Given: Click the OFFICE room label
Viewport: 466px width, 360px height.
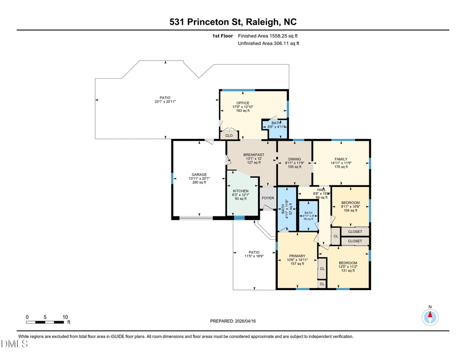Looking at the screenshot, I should [242, 103].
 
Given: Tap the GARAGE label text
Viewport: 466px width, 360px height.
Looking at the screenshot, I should [199, 175].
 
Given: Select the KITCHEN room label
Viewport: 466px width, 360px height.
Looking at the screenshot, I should [241, 191].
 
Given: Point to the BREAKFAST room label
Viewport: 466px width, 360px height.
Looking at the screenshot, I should [254, 155].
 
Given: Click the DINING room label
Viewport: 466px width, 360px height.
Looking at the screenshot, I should [295, 159].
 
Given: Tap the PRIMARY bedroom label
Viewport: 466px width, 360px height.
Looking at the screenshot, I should [297, 256].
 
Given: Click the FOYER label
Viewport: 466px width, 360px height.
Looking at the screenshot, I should [268, 197].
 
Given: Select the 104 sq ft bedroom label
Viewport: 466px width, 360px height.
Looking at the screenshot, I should [351, 203].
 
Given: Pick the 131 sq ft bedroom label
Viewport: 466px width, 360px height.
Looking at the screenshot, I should [348, 263].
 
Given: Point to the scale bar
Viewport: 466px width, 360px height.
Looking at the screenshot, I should [47, 322].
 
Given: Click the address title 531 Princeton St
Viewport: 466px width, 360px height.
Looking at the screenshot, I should [233, 22].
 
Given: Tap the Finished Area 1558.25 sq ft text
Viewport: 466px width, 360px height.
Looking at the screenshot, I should [268, 36].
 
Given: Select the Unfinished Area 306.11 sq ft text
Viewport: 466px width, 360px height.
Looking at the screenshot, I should [269, 44].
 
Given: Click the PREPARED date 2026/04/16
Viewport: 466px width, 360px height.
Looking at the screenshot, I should [233, 321].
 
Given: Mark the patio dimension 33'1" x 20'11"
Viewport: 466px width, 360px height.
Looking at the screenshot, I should [165, 102].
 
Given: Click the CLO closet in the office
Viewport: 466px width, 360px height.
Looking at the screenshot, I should [228, 135].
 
